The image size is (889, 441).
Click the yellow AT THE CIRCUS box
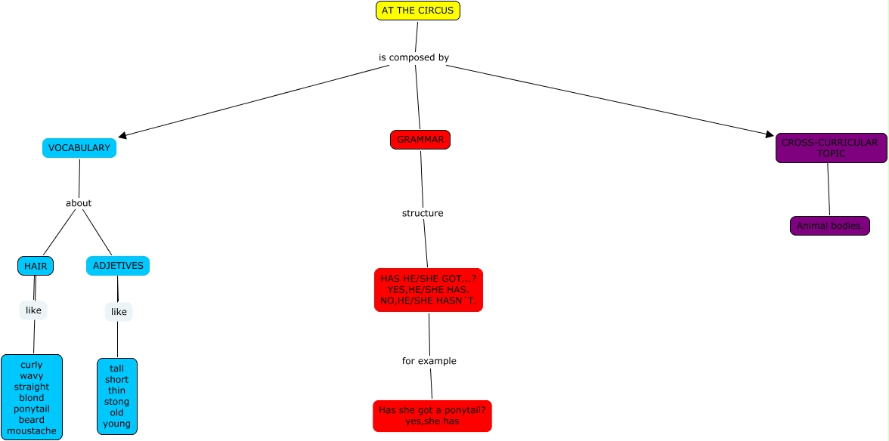point(417,11)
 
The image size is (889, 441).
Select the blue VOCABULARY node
point(79,148)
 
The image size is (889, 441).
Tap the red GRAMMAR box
point(420,140)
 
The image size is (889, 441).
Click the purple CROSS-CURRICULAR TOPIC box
point(831,148)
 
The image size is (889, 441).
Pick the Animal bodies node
point(830,226)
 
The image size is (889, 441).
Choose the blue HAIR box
point(36,266)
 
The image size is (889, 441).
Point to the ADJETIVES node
point(117,266)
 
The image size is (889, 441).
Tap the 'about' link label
point(79,203)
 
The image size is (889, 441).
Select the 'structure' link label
point(423,213)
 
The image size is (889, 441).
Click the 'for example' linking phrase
point(429,361)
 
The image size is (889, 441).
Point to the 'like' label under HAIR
point(33,310)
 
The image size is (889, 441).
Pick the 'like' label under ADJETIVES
point(119,312)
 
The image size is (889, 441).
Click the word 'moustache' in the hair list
point(32,431)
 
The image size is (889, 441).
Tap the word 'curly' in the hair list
point(32,365)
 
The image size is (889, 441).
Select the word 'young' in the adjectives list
point(117,424)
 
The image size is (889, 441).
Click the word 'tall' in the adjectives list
point(117,369)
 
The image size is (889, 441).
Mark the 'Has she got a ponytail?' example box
point(432,416)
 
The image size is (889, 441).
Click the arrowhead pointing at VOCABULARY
point(122,136)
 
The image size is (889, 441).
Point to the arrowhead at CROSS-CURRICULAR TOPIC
point(770,134)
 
